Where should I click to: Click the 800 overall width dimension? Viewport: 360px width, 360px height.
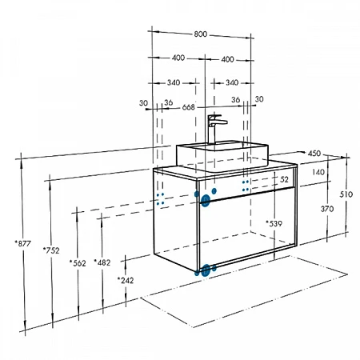pos(200,34)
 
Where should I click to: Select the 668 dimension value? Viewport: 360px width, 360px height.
pos(189,107)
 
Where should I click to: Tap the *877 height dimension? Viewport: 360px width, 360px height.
pos(23,243)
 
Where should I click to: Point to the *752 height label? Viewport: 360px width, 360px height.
pos(51,250)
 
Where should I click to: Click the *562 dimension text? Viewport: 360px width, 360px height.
pos(78,263)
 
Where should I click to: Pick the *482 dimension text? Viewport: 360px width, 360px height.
pos(102,262)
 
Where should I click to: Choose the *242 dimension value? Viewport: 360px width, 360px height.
pos(126,280)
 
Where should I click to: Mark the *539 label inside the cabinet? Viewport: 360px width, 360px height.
pos(274,223)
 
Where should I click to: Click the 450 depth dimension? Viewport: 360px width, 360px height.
pos(314,154)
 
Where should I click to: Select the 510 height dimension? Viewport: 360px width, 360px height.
pos(346,194)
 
